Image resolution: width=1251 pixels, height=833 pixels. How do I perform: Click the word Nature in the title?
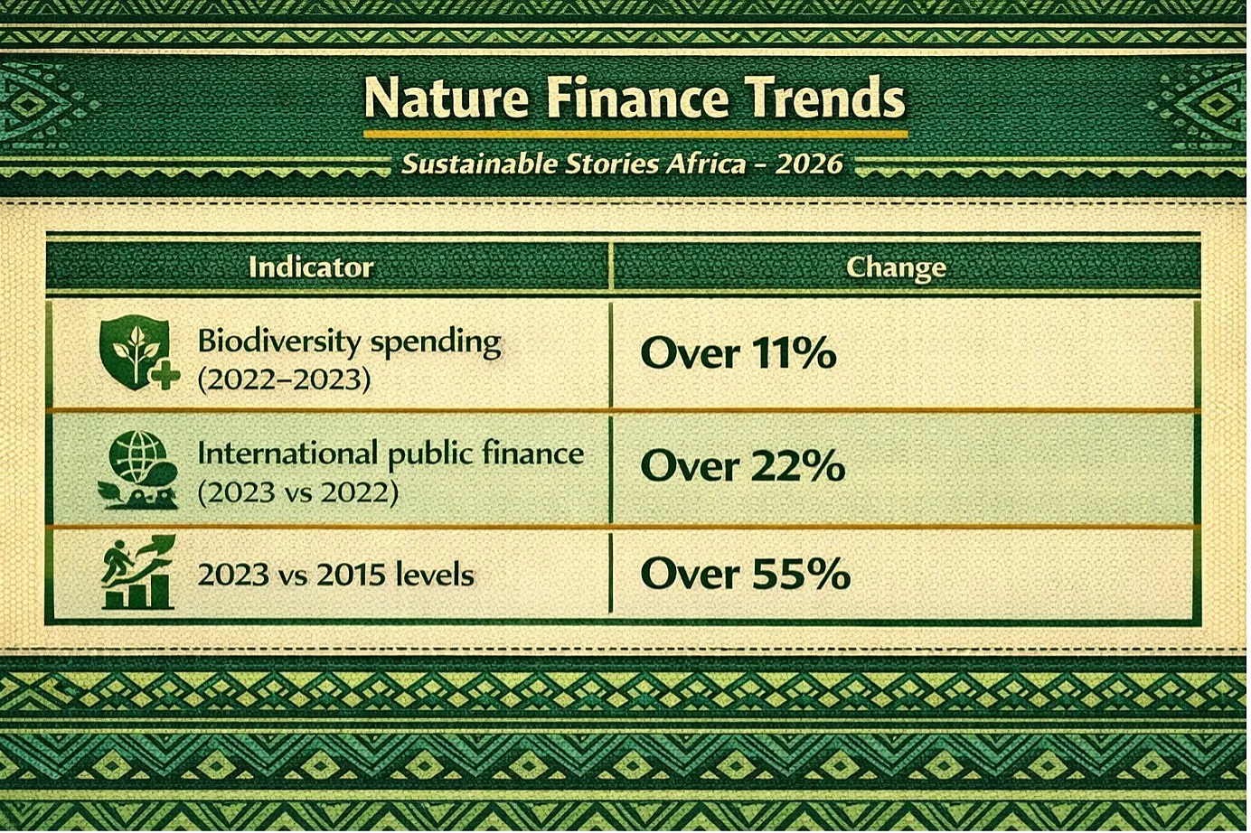pos(446,98)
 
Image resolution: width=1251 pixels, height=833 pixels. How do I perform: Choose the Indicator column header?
pos(311,267)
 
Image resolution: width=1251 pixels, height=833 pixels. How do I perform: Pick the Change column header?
pos(896,268)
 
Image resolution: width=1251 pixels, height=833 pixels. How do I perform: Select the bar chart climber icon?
pos(138,572)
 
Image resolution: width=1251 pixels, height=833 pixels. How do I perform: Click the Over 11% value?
pos(738,353)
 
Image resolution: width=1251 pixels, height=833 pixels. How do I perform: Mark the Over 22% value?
pos(743,465)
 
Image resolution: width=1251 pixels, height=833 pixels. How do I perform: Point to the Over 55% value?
pos(746,574)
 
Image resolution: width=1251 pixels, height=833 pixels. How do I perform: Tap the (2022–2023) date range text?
pos(284,379)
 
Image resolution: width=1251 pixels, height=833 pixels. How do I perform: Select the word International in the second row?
pos(287,453)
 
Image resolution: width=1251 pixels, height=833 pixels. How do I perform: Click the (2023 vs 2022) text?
pos(298,492)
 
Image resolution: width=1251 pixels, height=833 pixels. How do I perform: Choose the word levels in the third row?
pos(435,576)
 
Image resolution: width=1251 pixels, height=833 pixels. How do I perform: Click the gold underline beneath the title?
pos(635,134)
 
